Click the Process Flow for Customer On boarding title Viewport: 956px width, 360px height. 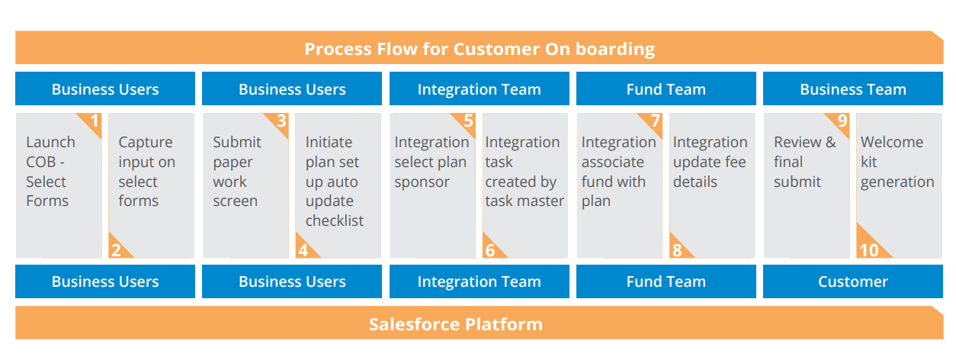tap(480, 49)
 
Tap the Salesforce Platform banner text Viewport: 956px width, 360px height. tap(456, 324)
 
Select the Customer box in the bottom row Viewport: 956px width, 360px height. tap(853, 281)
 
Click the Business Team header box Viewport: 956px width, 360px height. tap(853, 88)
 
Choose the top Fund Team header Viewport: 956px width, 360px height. tap(666, 88)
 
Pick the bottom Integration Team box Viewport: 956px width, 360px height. tap(480, 281)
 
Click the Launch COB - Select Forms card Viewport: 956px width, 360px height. tap(59, 185)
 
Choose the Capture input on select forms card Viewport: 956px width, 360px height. tap(152, 185)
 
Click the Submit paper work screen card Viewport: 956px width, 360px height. tap(245, 185)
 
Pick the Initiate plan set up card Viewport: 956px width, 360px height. tap(338, 185)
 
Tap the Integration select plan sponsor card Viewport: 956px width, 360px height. tap(433, 185)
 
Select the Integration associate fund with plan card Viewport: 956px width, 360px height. tap(620, 185)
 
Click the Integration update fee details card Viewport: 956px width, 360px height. tap(712, 185)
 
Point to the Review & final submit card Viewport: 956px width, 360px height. tap(807, 185)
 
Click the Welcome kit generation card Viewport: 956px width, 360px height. tap(900, 185)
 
